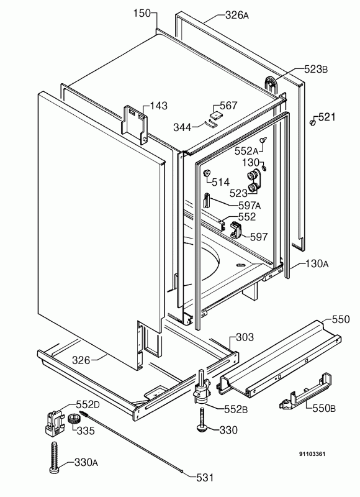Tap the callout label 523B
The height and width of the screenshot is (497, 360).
click(x=316, y=70)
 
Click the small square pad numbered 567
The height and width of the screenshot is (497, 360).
click(x=216, y=114)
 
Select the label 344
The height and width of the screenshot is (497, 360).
click(x=183, y=127)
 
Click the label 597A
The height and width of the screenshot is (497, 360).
click(x=249, y=206)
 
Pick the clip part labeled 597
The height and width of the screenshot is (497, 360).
click(x=236, y=230)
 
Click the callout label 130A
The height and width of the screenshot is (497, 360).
click(x=316, y=264)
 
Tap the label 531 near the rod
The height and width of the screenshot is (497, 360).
click(x=204, y=478)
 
